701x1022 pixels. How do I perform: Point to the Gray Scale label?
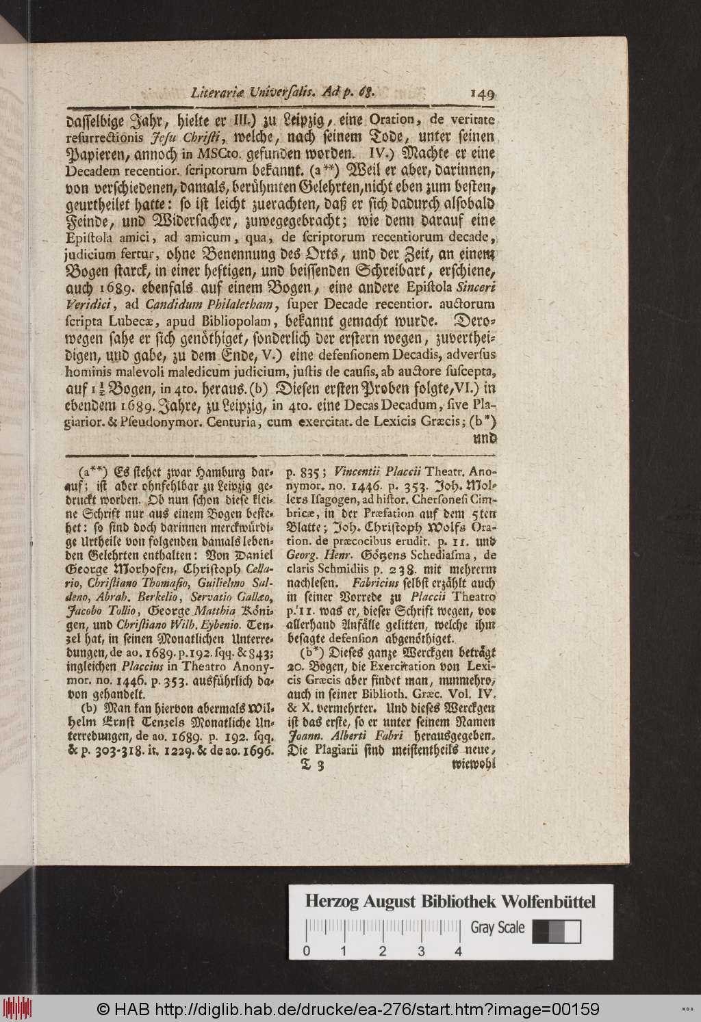click(498, 928)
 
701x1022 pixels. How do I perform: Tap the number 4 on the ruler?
click(457, 951)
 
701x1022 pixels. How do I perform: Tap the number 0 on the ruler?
click(306, 951)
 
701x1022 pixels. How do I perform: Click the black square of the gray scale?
click(540, 931)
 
